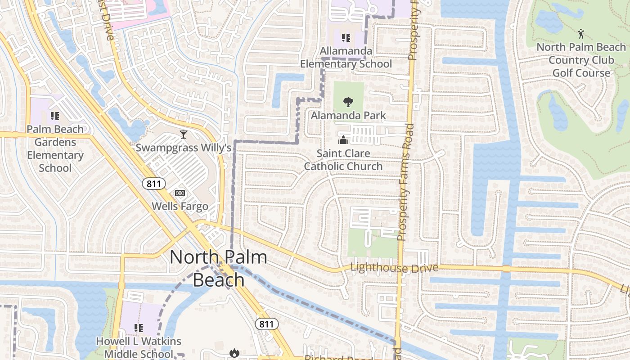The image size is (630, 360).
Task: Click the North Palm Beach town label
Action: pyautogui.click(x=218, y=268)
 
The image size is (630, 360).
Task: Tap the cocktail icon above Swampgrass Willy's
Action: pyautogui.click(x=183, y=134)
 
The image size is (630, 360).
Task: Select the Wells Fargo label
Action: pyautogui.click(x=180, y=207)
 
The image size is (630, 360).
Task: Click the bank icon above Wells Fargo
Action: pyautogui.click(x=180, y=193)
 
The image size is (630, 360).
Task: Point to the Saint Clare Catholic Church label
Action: pyautogui.click(x=343, y=160)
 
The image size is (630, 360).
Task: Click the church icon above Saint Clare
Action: pyautogui.click(x=343, y=140)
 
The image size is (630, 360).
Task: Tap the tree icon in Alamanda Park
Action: pyautogui.click(x=348, y=102)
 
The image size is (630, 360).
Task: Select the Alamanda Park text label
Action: pyautogui.click(x=348, y=116)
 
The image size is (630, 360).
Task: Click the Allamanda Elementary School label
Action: pyautogui.click(x=346, y=58)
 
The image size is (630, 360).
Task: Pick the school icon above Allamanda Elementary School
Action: pyautogui.click(x=346, y=38)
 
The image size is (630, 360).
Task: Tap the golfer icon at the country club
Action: pyautogui.click(x=581, y=33)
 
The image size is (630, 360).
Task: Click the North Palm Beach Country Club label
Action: pyautogui.click(x=581, y=60)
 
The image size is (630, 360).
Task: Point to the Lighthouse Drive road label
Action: pyautogui.click(x=394, y=268)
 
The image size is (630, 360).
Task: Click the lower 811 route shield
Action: pyautogui.click(x=266, y=324)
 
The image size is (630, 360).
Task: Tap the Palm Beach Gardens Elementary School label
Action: pyautogui.click(x=55, y=148)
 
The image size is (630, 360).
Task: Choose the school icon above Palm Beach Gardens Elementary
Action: pyautogui.click(x=55, y=116)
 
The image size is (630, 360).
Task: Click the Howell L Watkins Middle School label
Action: pyautogui.click(x=139, y=347)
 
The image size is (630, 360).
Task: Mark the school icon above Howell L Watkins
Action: pyautogui.click(x=139, y=328)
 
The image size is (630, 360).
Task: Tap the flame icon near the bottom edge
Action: pyautogui.click(x=234, y=353)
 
